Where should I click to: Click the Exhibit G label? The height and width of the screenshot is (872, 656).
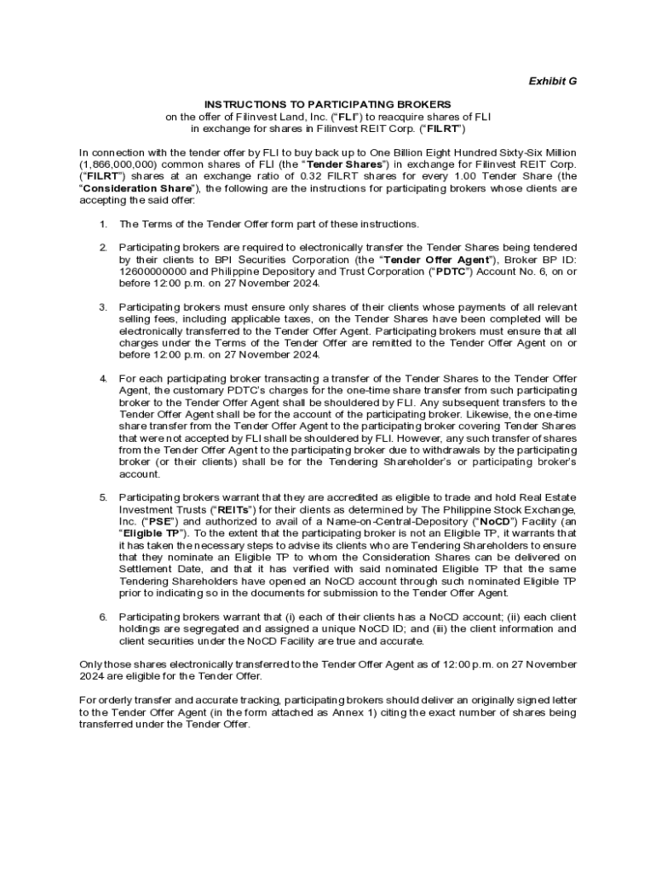[553, 81]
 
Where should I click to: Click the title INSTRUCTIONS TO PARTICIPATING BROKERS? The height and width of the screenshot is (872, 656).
[327, 104]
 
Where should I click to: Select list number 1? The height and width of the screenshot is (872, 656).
[102, 224]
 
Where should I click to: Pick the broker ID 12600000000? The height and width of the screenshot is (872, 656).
[157, 272]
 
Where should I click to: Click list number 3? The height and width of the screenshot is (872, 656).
[102, 307]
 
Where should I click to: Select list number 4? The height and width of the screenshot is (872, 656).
[102, 378]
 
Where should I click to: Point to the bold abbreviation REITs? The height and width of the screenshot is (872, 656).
[214, 508]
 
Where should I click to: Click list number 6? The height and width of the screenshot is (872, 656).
[102, 616]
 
